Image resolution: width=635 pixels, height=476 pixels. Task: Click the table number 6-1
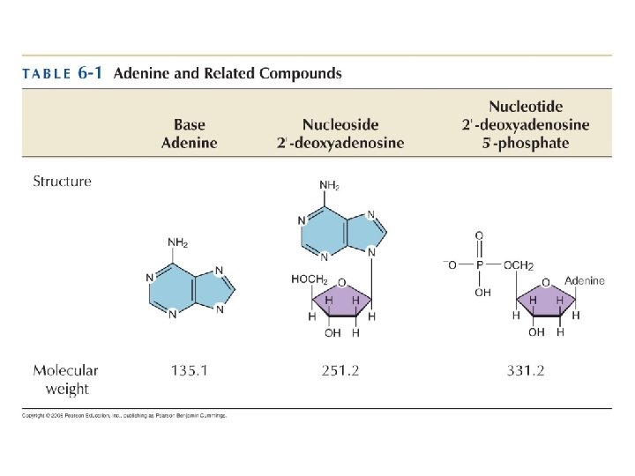(x=88, y=74)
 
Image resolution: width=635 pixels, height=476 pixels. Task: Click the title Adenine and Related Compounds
(x=228, y=74)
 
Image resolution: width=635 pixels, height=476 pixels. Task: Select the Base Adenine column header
(x=189, y=134)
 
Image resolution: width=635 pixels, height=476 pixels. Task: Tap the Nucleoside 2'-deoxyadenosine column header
(x=340, y=134)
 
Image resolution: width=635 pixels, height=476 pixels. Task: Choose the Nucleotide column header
(x=526, y=125)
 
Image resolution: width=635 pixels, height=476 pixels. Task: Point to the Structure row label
(x=62, y=182)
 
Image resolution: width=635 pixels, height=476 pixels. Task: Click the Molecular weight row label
(x=65, y=379)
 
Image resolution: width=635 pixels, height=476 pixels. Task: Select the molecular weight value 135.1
(x=189, y=371)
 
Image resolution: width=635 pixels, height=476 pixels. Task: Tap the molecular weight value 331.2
(x=525, y=371)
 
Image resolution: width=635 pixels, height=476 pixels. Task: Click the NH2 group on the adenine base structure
(x=177, y=243)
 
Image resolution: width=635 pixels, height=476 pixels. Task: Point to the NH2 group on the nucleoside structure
(x=328, y=185)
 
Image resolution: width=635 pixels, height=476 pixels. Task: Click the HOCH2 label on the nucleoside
(x=310, y=279)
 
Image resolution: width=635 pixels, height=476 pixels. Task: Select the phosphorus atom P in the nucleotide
(x=480, y=264)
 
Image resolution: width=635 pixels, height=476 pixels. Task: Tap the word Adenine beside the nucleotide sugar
(x=585, y=280)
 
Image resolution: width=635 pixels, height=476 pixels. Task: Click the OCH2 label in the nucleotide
(x=519, y=264)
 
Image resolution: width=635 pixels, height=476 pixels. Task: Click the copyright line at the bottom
(x=124, y=415)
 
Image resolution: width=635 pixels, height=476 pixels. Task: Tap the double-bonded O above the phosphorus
(x=480, y=235)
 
